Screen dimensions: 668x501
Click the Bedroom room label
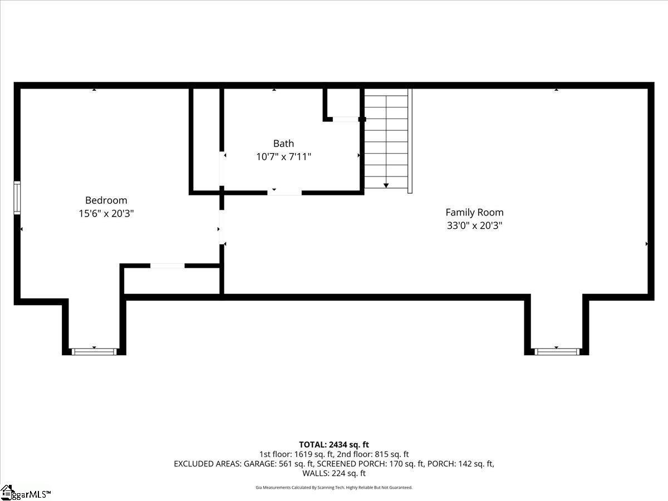[x=106, y=200]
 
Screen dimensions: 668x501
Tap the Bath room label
[x=284, y=143]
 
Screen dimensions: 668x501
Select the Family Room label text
[x=474, y=212]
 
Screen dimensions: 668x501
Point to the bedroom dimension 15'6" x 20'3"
[x=106, y=214]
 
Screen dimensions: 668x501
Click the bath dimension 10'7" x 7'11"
[x=284, y=156]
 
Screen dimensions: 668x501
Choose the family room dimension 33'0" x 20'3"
[x=474, y=225]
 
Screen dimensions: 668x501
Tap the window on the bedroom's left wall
[x=17, y=198]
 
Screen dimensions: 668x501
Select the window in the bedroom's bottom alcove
[x=94, y=352]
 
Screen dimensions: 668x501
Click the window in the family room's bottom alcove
[x=557, y=352]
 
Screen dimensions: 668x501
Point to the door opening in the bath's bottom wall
[x=284, y=193]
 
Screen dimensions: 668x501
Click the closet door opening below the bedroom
[x=168, y=266]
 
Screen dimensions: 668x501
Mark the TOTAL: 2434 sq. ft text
[x=334, y=445]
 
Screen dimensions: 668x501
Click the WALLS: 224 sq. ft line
[x=334, y=473]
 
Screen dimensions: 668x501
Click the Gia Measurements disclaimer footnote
[x=334, y=487]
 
